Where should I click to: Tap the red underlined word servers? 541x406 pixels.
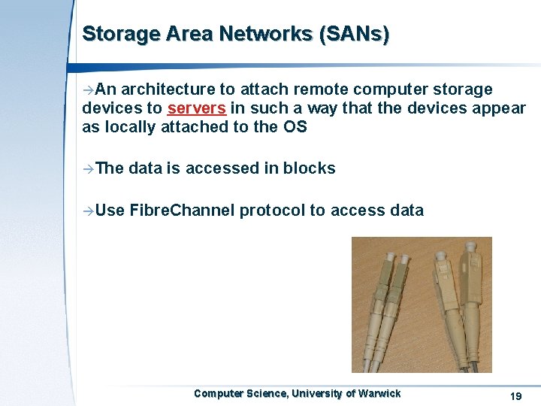click(197, 108)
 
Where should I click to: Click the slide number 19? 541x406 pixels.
click(515, 395)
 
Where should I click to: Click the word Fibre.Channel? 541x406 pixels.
click(182, 211)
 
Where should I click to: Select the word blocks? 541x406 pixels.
click(310, 168)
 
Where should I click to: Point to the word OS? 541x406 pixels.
click(295, 127)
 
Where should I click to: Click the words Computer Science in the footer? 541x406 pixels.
click(240, 393)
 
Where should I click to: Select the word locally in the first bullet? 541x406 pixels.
click(128, 127)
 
